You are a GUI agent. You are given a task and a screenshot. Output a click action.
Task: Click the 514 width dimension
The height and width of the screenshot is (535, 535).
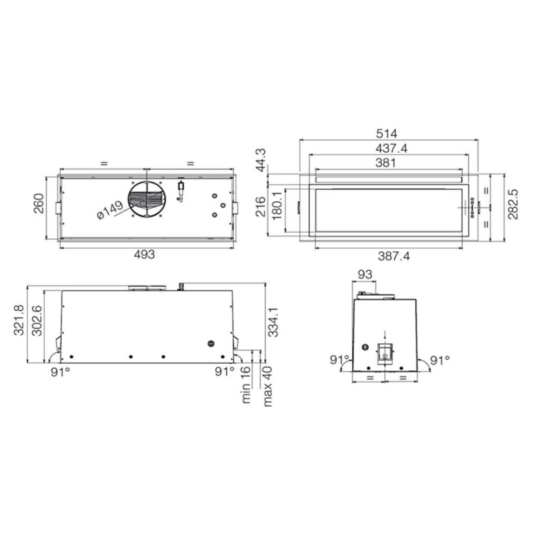tap(386, 133)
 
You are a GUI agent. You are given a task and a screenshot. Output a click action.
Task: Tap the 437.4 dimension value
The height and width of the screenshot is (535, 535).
tap(392, 149)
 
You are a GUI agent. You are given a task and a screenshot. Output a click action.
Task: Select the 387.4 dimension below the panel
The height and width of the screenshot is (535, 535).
tap(394, 255)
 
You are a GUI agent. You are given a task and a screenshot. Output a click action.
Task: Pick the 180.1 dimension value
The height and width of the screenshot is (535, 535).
tap(277, 205)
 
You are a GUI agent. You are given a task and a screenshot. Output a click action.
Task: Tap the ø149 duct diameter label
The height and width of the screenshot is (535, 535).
tap(110, 210)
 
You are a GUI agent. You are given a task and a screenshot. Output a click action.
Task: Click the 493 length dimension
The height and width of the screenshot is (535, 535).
tap(144, 254)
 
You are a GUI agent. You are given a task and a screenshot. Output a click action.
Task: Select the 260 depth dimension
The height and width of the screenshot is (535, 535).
tap(38, 203)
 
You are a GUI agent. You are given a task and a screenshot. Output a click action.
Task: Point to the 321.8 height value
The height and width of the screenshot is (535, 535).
tap(19, 320)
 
